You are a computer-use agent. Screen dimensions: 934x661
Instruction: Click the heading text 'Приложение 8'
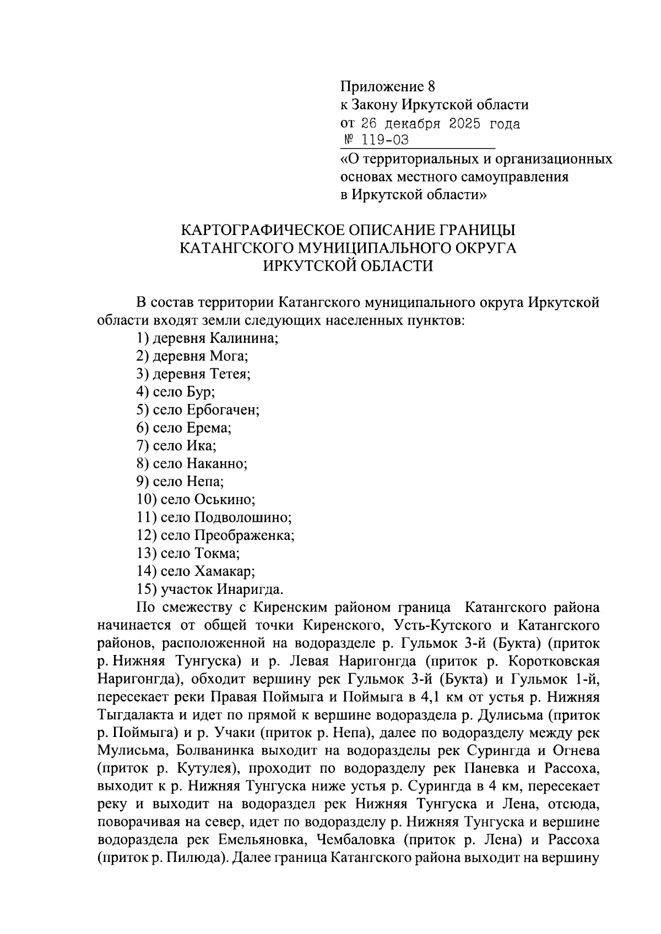387,86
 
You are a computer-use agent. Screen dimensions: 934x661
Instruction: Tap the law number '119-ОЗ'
384,140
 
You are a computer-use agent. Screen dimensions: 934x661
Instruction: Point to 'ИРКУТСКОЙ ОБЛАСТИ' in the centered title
348,266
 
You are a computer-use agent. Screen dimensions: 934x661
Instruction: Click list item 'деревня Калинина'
215,337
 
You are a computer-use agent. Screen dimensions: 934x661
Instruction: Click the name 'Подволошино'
242,517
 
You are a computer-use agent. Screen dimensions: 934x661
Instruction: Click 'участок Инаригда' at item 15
221,589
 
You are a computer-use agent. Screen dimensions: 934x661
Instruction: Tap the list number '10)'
147,500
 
